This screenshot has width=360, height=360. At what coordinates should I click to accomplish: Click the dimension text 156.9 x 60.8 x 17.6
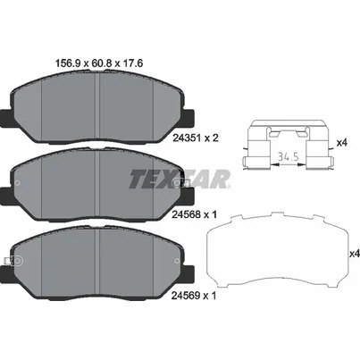coord(100,63)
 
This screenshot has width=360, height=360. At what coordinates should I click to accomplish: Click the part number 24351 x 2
coord(196,138)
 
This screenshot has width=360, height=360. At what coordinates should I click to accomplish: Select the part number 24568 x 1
coord(195,214)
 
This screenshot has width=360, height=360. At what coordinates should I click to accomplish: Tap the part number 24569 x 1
coord(194,296)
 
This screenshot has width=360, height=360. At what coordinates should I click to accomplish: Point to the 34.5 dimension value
coord(289,156)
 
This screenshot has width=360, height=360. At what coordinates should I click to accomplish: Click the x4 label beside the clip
coord(342,143)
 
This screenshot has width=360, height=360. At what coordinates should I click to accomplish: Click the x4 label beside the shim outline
coord(355,254)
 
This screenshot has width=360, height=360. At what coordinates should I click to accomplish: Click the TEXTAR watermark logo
coord(180,179)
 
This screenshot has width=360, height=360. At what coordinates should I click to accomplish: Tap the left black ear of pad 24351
coord(6,117)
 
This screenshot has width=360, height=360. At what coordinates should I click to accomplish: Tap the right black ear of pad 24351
coord(188,117)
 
